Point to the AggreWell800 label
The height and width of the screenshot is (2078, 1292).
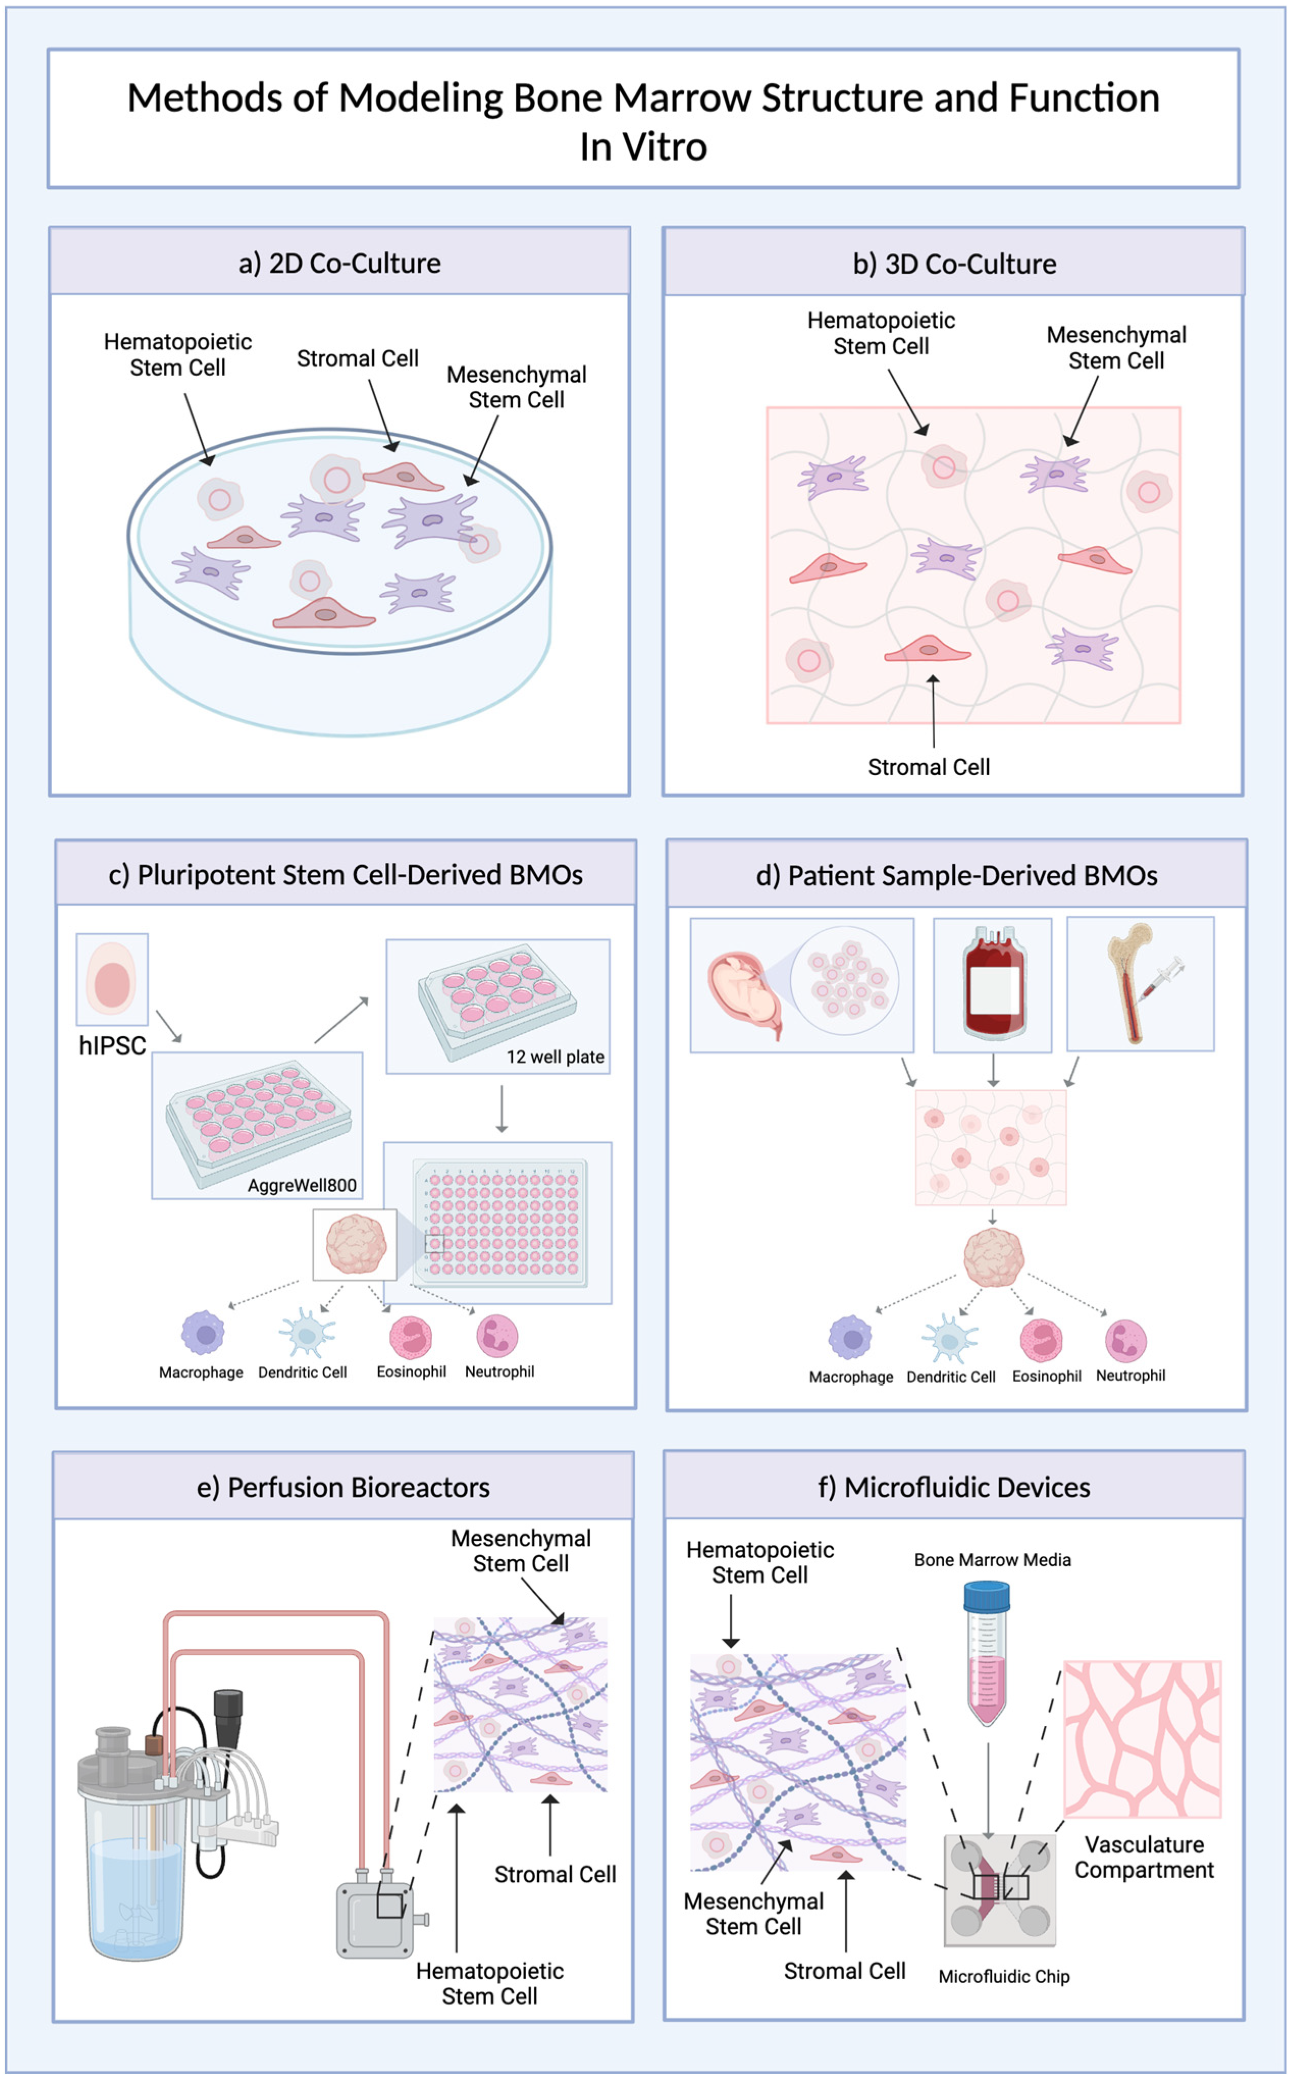pyautogui.click(x=302, y=1185)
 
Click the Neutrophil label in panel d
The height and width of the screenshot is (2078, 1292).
pyautogui.click(x=1129, y=1376)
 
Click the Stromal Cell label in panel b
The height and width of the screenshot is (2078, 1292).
pyautogui.click(x=929, y=767)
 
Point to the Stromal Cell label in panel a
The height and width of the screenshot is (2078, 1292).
pyautogui.click(x=357, y=359)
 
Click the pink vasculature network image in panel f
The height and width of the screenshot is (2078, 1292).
pyautogui.click(x=1142, y=1739)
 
